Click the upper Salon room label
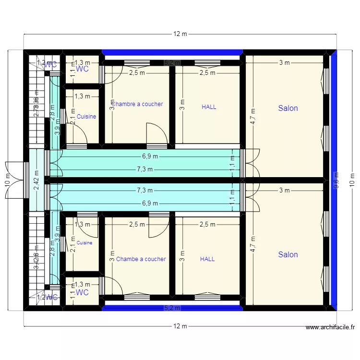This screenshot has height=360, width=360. click(288, 108)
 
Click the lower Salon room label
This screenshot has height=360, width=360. click(288, 255)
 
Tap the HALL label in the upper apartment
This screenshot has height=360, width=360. click(209, 107)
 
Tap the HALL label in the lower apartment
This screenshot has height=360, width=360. click(207, 259)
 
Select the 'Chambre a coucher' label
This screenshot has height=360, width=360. click(137, 104)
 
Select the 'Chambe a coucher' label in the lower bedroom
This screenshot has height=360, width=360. click(141, 259)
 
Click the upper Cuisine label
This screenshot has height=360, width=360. click(86, 117)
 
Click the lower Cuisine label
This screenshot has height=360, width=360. click(84, 243)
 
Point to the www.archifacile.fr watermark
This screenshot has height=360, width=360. click(331, 328)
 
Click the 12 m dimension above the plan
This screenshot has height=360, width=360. click(180, 34)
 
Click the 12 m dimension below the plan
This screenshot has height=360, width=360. click(180, 326)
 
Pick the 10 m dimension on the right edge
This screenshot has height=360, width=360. click(352, 180)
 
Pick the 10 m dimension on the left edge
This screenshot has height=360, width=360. click(8, 180)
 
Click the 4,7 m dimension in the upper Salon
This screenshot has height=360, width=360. click(253, 117)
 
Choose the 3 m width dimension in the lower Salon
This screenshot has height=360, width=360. click(284, 191)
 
